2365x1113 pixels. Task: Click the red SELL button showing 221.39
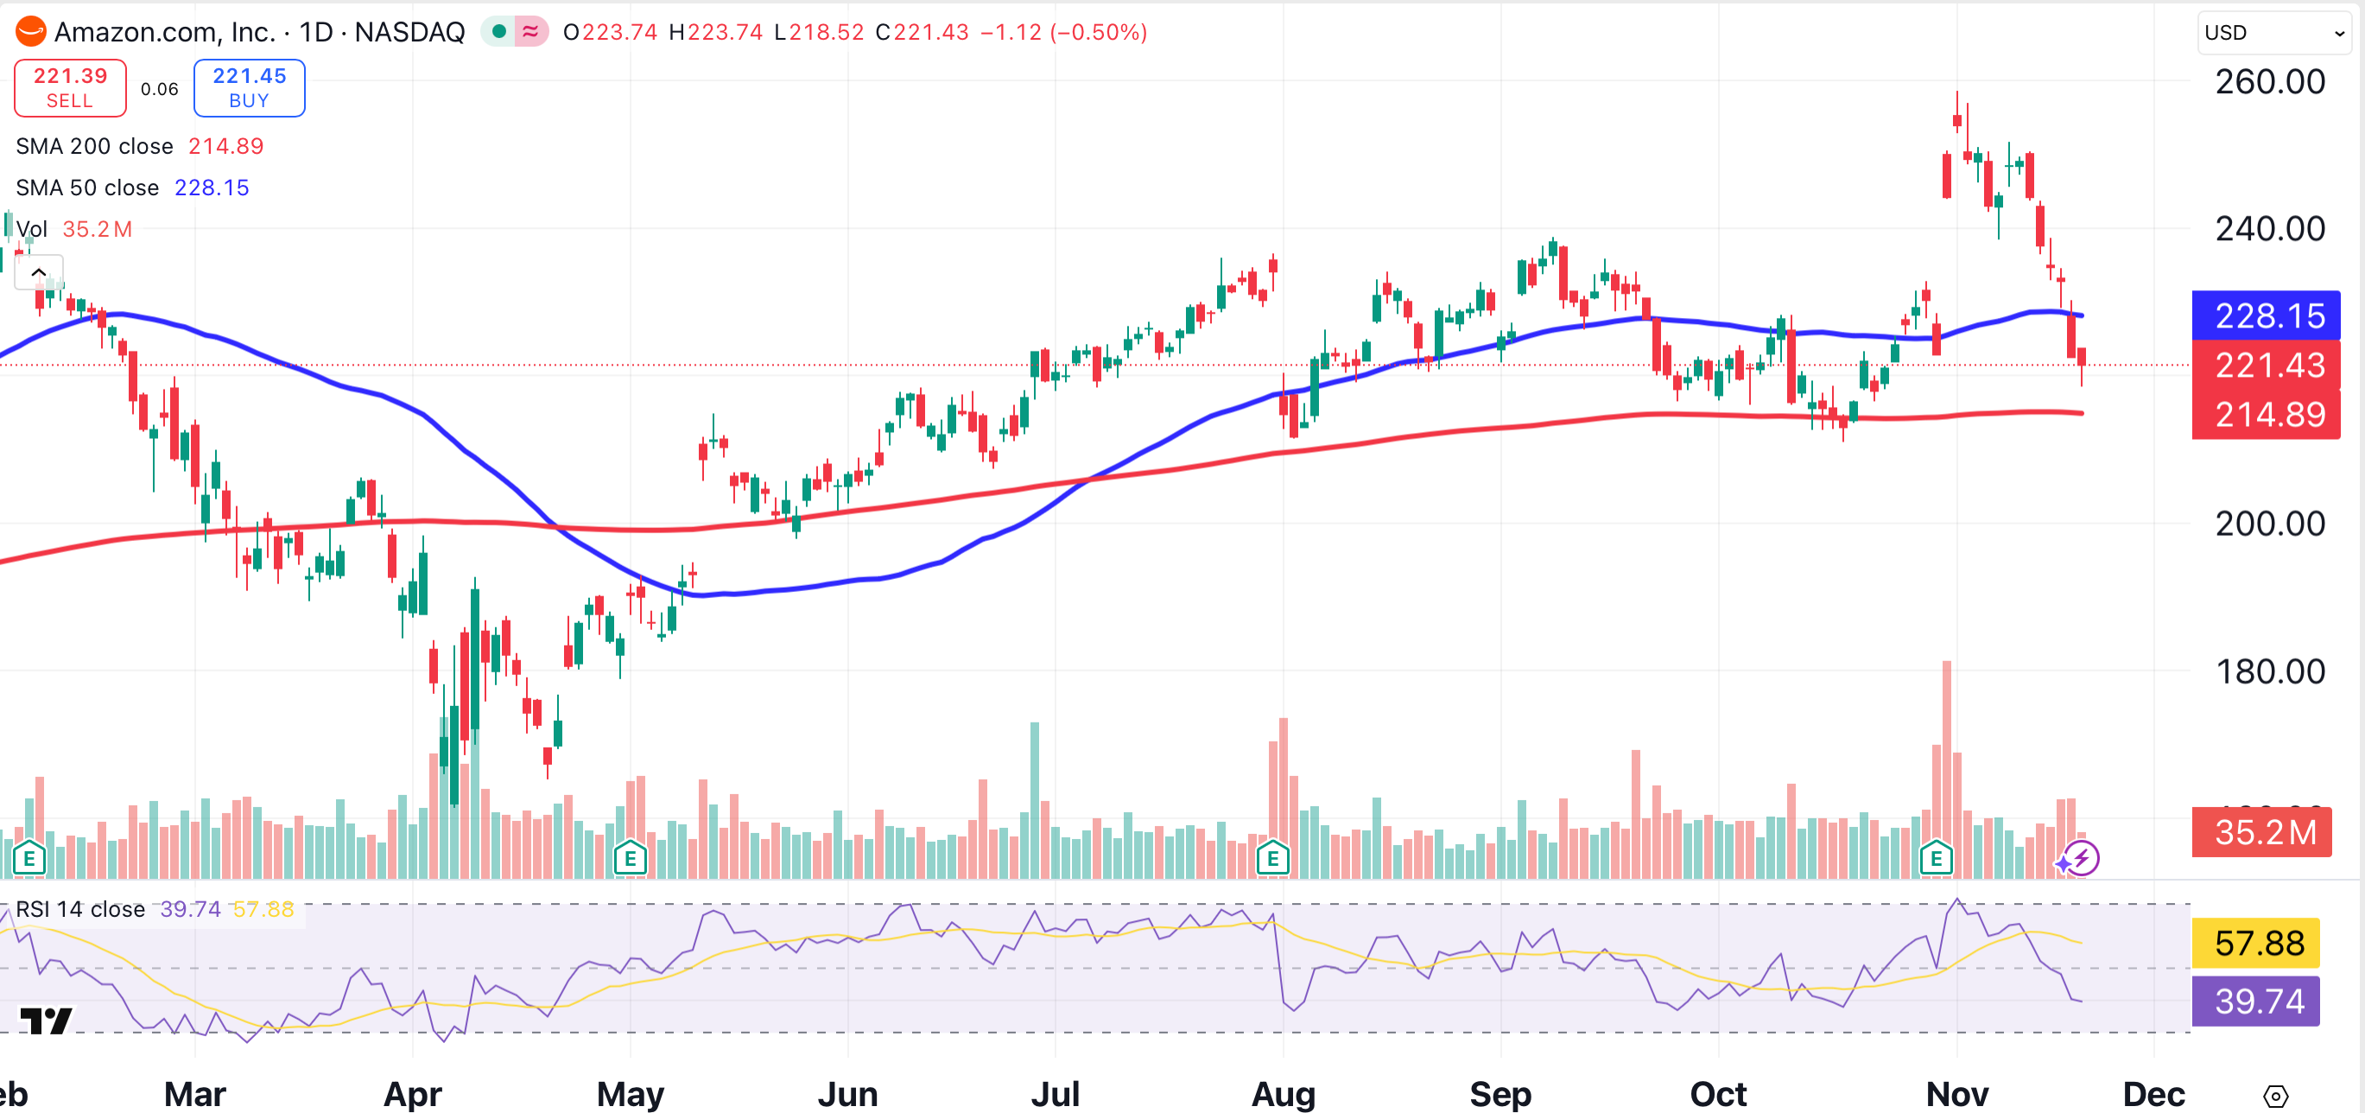70,88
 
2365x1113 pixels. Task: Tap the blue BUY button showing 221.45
249,88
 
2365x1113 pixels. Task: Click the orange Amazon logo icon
30,32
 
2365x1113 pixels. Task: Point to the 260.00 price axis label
2269,82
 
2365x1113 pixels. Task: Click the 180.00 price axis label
2269,671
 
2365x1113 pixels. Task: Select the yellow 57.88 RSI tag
2256,943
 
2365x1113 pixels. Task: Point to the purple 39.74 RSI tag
2256,1001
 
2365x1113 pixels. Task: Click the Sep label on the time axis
1500,1094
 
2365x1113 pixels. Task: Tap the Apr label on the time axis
412,1094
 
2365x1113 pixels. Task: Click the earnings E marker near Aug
1272,860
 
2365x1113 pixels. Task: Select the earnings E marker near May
630,860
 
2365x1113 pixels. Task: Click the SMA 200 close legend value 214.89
225,146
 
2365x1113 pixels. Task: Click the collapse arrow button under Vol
39,272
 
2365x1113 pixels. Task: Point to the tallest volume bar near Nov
1946,753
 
